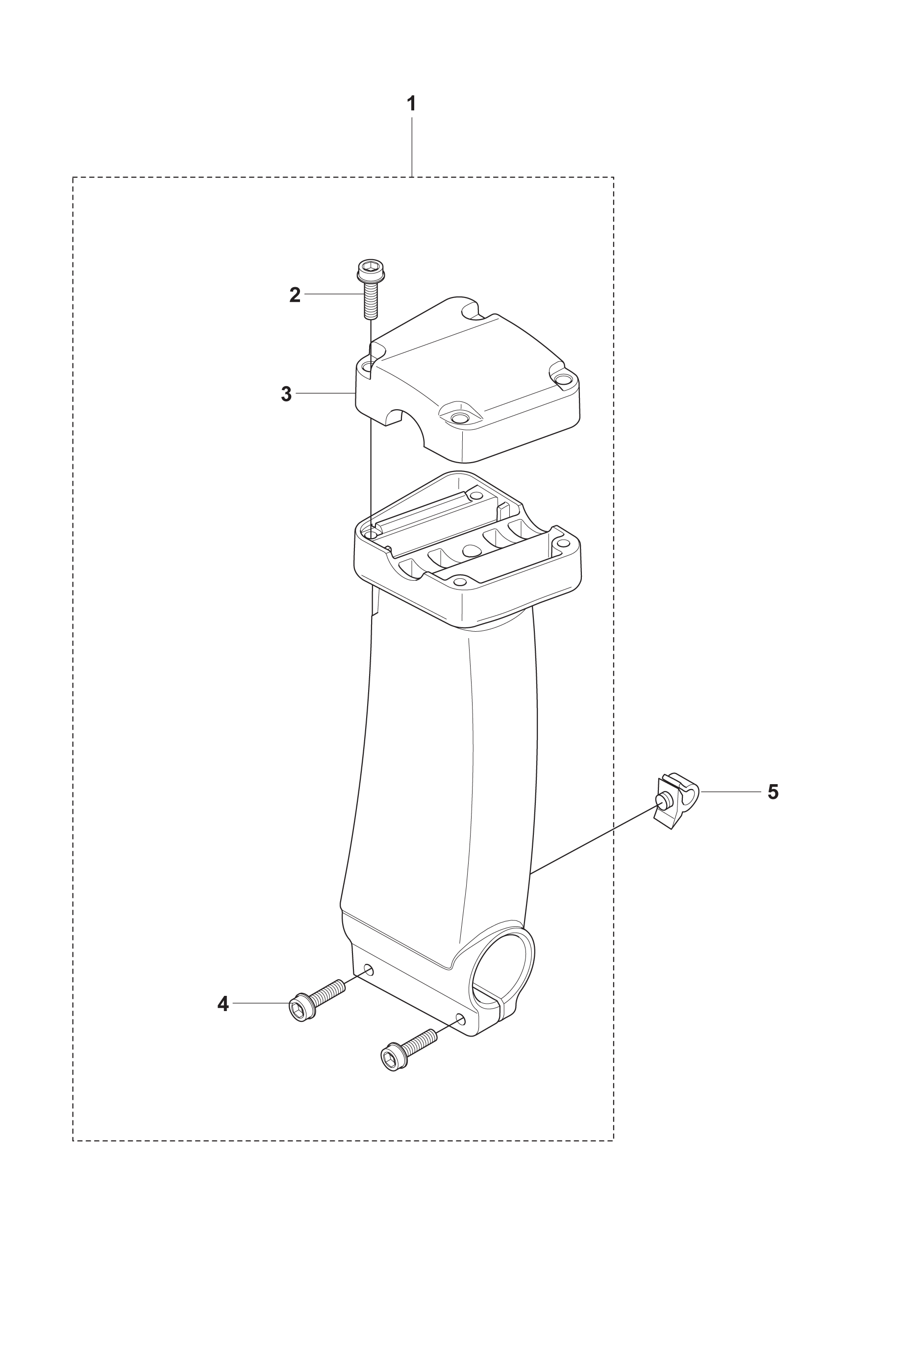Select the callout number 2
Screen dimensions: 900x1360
coord(295,295)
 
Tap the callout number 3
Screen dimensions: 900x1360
coord(286,394)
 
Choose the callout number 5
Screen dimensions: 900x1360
coord(773,792)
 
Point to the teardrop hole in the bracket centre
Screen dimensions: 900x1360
coord(472,550)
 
